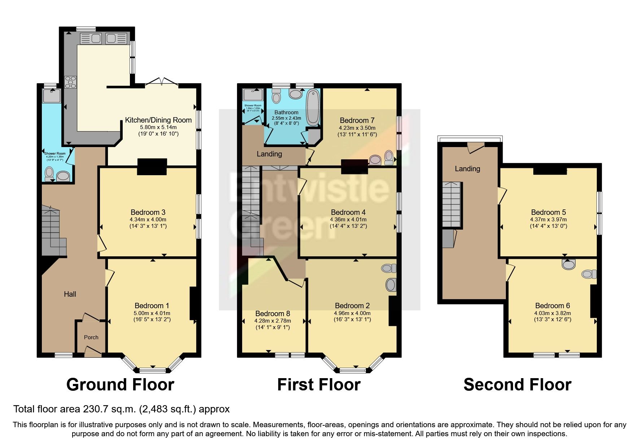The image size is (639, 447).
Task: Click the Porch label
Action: (91, 337)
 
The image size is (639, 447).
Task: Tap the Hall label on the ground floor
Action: (70, 294)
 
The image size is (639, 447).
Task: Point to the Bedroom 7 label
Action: (357, 120)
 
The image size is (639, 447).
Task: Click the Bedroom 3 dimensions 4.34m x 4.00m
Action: (148, 220)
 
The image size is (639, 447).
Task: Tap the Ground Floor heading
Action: (120, 385)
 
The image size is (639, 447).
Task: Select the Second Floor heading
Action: (517, 385)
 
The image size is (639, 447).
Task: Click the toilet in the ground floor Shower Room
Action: (49, 174)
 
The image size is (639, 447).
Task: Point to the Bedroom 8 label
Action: (272, 314)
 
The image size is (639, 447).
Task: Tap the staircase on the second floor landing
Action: (452, 204)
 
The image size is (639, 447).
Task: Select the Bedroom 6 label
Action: (552, 306)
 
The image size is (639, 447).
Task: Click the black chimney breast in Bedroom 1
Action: (193, 303)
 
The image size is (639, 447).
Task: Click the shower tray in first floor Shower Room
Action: (252, 95)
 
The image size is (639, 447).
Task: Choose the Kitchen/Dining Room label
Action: (158, 120)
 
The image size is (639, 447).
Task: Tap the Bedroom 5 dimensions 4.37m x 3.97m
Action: (548, 220)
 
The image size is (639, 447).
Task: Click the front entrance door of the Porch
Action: (93, 351)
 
